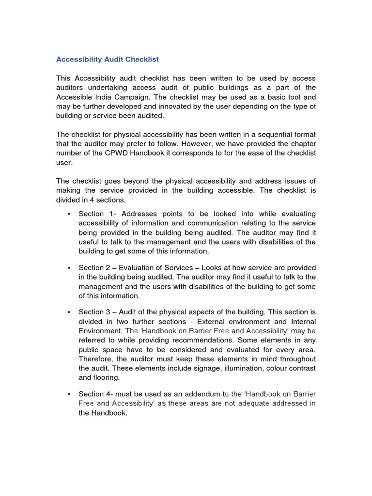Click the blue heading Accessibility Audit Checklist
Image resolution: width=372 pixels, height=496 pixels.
108,60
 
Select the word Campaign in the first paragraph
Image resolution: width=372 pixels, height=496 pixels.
130,97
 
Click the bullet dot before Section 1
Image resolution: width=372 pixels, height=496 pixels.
69,214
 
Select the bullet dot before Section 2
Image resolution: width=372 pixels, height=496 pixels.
69,268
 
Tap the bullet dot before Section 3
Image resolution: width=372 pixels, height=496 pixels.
69,312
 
